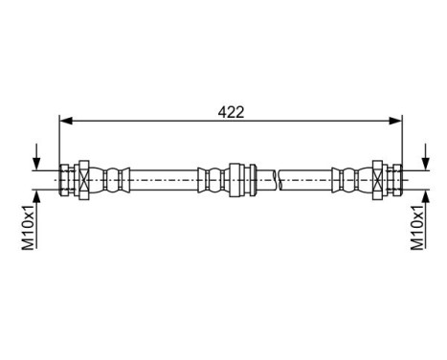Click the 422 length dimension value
[x=231, y=112]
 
